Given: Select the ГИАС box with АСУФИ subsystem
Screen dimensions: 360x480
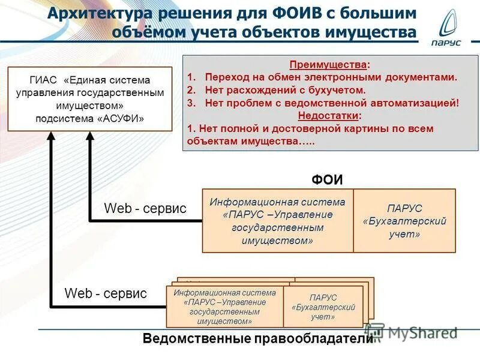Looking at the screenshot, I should pos(89,99).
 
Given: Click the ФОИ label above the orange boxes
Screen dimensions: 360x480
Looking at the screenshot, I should pos(326,179).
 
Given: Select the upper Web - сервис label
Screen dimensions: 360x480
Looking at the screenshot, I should pos(145,208).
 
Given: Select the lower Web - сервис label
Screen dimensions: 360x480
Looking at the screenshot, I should pos(106,293).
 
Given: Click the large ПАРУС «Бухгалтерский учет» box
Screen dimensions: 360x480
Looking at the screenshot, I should pos(404,221).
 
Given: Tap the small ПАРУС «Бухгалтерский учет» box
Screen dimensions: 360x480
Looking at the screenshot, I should pos(323,307).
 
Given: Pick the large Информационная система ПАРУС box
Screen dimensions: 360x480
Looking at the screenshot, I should pos(277,221).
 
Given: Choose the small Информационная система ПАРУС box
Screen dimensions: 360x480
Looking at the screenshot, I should pos(224,307).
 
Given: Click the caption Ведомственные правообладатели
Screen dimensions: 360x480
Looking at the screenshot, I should pos(258,339).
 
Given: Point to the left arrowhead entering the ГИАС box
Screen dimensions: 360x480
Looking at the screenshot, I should pos(51,137).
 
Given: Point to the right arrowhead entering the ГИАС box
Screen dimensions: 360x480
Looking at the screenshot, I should pos(90,137).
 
